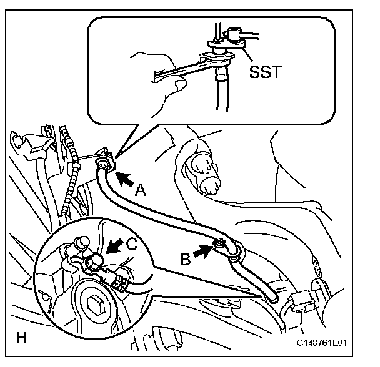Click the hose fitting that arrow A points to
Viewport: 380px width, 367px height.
click(x=101, y=164)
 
